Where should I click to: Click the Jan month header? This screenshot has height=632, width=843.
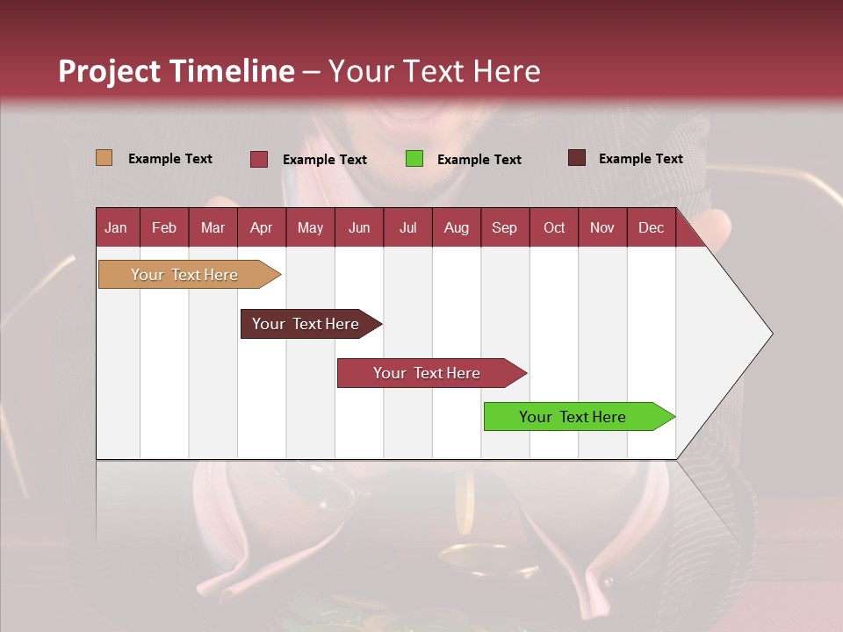coord(117,227)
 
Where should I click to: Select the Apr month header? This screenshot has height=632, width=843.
coord(262,227)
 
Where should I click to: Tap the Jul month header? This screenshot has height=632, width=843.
coord(407,227)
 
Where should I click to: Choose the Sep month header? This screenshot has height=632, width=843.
coord(505,227)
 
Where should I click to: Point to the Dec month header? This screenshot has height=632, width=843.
coord(651,227)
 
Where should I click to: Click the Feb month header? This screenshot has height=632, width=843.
coord(164,227)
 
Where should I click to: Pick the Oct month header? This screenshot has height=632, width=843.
coord(554,227)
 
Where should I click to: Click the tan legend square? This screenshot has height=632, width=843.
coord(104,158)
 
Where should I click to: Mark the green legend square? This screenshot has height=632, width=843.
coord(414,159)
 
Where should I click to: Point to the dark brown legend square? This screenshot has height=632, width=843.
coord(577,158)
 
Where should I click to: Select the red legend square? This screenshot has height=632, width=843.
coord(259,159)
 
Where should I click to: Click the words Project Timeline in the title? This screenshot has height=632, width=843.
coord(177,71)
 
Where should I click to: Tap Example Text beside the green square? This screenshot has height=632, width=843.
coord(479,160)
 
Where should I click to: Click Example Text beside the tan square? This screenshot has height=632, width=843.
coord(170,159)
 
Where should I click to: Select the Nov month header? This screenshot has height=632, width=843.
coord(602,227)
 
